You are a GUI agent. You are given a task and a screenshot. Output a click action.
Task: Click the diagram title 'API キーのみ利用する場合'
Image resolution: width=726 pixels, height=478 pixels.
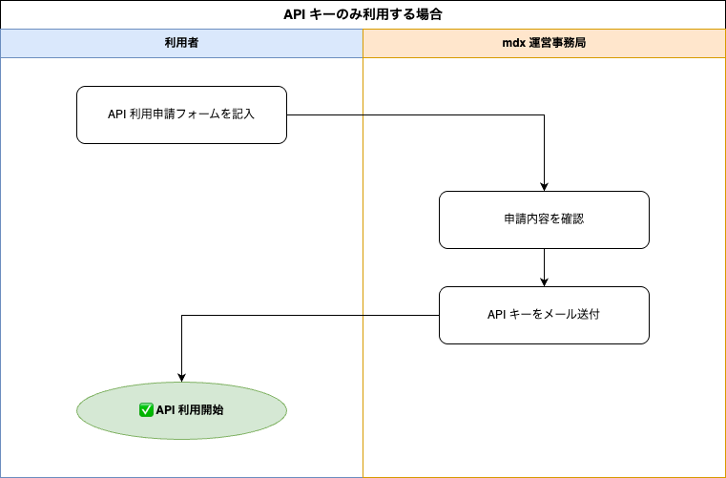tap(363, 14)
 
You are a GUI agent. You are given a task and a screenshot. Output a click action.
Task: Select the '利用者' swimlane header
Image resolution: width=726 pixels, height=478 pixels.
tap(181, 43)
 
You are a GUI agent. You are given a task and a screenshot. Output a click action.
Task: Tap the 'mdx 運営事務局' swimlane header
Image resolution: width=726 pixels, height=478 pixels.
tap(544, 43)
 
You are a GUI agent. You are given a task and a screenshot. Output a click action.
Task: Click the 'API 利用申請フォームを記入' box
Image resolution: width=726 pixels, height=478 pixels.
tap(181, 114)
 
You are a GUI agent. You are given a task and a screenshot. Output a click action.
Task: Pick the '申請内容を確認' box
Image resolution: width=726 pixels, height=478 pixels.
tap(544, 219)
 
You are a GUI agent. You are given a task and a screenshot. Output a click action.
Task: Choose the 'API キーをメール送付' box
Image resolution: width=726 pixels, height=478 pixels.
tap(544, 315)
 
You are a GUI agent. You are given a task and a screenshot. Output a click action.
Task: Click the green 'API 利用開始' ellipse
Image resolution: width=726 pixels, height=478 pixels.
tap(181, 410)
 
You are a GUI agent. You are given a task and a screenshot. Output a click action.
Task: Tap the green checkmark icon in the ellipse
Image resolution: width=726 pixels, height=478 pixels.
tap(146, 410)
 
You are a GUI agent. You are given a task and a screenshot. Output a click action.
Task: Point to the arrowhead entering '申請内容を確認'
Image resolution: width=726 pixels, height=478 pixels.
tap(544, 187)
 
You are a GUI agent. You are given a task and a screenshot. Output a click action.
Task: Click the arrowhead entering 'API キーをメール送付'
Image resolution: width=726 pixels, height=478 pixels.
tap(544, 282)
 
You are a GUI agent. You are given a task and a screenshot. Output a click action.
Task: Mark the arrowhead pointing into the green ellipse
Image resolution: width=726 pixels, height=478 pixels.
tap(181, 378)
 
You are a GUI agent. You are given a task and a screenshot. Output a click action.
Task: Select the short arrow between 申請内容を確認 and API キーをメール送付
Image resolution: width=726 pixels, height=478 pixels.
tap(544, 268)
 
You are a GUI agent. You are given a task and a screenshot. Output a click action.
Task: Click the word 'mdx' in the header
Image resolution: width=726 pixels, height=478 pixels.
tap(513, 43)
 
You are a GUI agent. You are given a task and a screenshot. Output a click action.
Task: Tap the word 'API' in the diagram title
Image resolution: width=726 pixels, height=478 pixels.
tap(293, 14)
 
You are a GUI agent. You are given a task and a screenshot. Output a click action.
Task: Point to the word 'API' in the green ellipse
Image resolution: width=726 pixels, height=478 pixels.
tap(165, 410)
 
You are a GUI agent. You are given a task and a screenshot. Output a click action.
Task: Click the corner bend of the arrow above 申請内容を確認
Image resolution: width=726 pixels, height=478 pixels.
tap(544, 114)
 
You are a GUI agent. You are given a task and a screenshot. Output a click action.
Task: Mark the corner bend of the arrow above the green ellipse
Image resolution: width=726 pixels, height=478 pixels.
tap(181, 316)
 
